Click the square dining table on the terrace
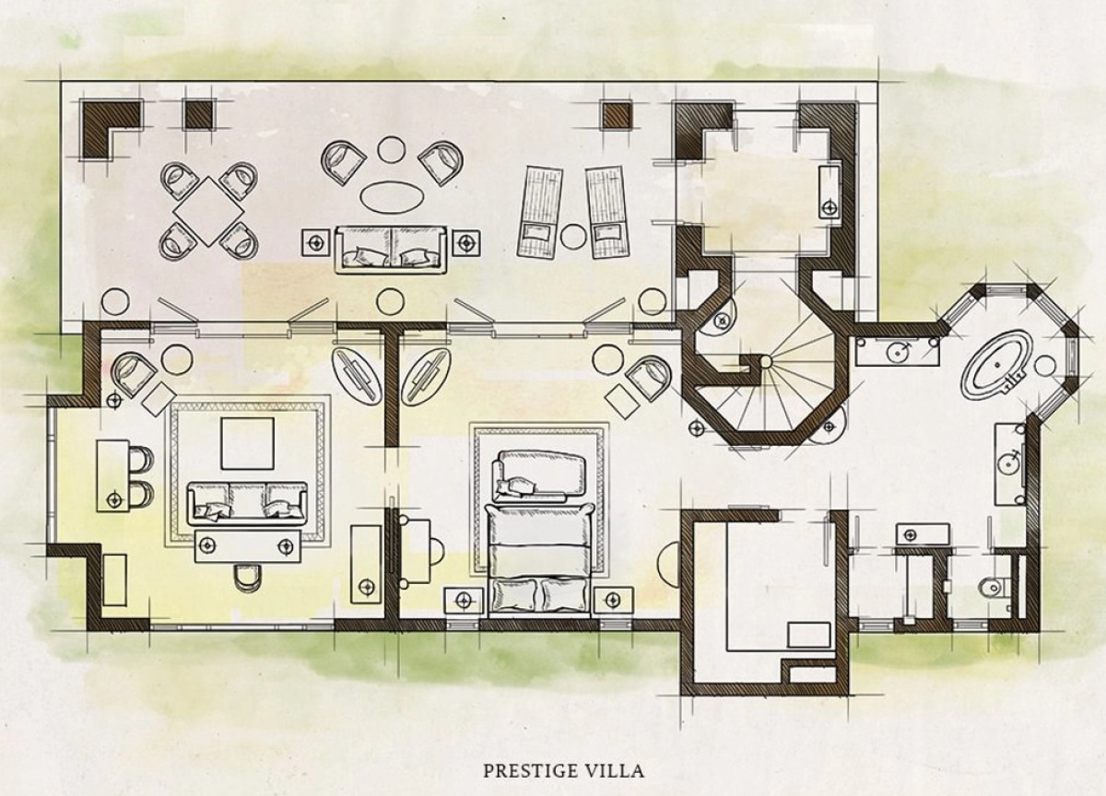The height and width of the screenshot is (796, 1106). [209, 211]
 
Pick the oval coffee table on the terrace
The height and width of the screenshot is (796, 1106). [392, 197]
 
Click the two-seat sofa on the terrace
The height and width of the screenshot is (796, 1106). [391, 249]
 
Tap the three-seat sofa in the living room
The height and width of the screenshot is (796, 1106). [247, 503]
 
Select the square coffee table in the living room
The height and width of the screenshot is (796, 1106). [247, 443]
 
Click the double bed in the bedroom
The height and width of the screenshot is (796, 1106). [539, 560]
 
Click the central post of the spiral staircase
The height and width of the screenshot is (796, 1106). [765, 362]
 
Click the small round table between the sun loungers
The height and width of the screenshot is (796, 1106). [573, 237]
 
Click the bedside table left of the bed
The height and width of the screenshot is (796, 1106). [463, 600]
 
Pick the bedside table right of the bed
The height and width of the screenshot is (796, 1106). [613, 600]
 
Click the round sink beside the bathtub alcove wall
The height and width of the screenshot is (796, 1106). [1009, 465]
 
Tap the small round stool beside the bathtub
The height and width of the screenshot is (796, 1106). [1045, 366]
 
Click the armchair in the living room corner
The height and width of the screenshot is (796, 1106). [133, 376]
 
